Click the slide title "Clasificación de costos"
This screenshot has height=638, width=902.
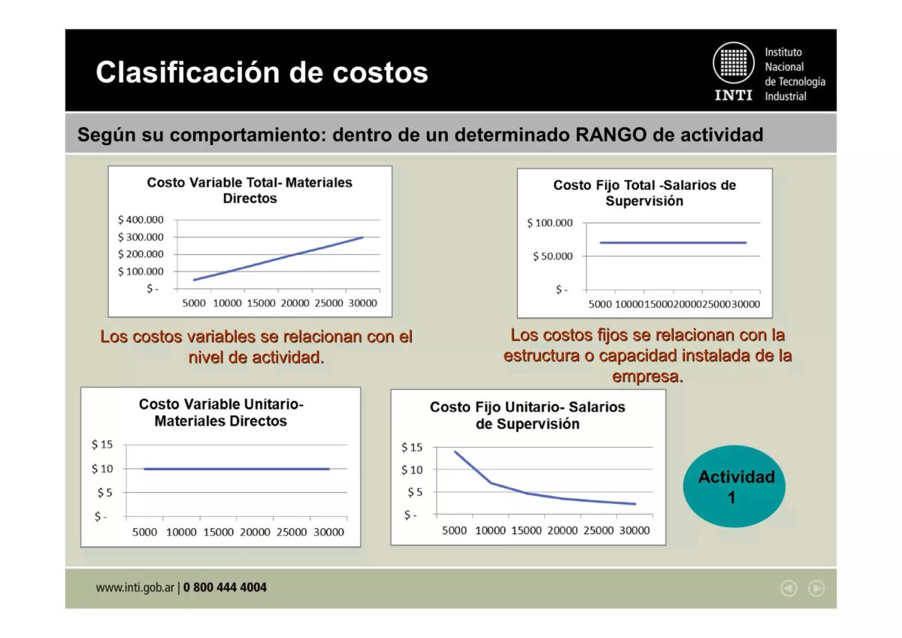(x=262, y=73)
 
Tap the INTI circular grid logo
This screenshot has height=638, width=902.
(x=733, y=62)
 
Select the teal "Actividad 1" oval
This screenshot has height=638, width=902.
(x=734, y=486)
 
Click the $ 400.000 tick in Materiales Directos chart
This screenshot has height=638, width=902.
(x=141, y=220)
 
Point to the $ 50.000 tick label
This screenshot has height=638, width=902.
(x=552, y=257)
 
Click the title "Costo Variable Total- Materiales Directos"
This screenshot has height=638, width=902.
(x=250, y=190)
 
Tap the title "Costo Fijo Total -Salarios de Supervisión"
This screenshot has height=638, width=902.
(x=644, y=193)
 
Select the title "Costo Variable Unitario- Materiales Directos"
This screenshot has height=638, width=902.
(x=221, y=412)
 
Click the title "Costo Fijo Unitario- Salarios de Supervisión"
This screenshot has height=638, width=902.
(x=528, y=415)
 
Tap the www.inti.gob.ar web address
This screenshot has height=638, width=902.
(x=135, y=588)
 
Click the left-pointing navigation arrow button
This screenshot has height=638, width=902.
(x=788, y=588)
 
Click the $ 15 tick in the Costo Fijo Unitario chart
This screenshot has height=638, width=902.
(x=412, y=448)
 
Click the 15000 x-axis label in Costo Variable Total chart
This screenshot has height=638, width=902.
(x=261, y=303)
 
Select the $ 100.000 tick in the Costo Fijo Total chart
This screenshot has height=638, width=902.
(x=549, y=223)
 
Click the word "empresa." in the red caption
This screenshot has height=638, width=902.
(x=648, y=376)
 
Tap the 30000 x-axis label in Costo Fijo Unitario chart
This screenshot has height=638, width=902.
(x=634, y=530)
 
